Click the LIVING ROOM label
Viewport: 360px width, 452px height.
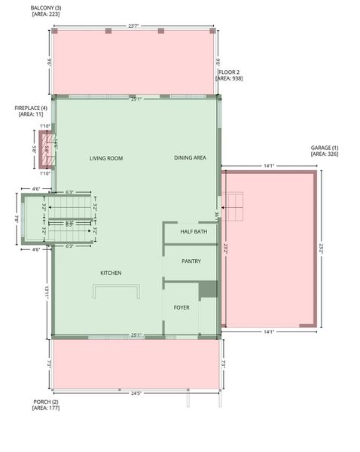(105, 158)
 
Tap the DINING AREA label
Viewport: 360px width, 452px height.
(190, 158)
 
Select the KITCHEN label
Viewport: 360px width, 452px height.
(111, 273)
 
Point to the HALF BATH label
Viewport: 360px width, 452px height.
(194, 232)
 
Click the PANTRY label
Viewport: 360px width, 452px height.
(191, 261)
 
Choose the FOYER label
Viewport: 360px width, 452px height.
(182, 307)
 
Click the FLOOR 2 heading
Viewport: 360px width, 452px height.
(229, 72)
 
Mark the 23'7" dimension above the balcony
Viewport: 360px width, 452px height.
(133, 26)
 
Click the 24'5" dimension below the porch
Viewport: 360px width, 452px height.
(136, 392)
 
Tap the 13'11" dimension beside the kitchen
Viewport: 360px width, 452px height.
(47, 292)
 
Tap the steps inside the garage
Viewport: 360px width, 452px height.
(233, 205)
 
